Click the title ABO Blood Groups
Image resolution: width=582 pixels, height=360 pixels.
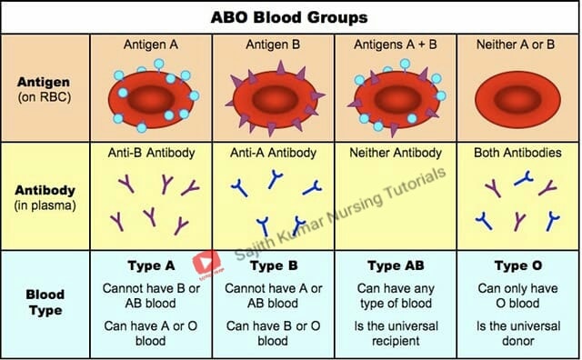pos(289,17)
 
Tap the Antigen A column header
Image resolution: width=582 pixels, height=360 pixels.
pos(151,45)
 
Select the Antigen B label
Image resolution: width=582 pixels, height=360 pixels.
pos(273,45)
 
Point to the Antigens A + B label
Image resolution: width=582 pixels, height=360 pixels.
pos(396,45)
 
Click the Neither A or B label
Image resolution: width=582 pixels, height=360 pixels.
pos(516,45)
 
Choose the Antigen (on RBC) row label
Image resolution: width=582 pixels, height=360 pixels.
pos(45,89)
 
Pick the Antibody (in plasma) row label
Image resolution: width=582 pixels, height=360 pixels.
pos(45,197)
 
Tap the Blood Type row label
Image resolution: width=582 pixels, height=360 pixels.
pos(45,302)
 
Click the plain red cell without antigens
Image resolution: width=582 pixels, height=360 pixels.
pos(517,99)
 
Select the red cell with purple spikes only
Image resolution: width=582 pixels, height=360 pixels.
pos(275,99)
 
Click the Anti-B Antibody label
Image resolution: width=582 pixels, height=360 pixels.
pos(152,153)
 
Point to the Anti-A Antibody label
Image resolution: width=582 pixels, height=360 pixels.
pos(273,153)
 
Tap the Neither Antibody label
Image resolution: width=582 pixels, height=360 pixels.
pos(396,153)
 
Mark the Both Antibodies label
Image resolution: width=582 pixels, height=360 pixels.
pos(517,153)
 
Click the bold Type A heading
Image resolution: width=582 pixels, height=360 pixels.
pos(151,265)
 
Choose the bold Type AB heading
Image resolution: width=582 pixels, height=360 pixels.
pos(396,265)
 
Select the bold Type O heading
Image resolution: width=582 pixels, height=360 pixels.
pos(518,265)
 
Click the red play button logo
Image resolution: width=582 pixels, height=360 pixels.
pos(206,263)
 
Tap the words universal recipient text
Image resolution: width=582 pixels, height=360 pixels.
pos(396,334)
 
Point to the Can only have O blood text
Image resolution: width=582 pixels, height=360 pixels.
pos(517,295)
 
